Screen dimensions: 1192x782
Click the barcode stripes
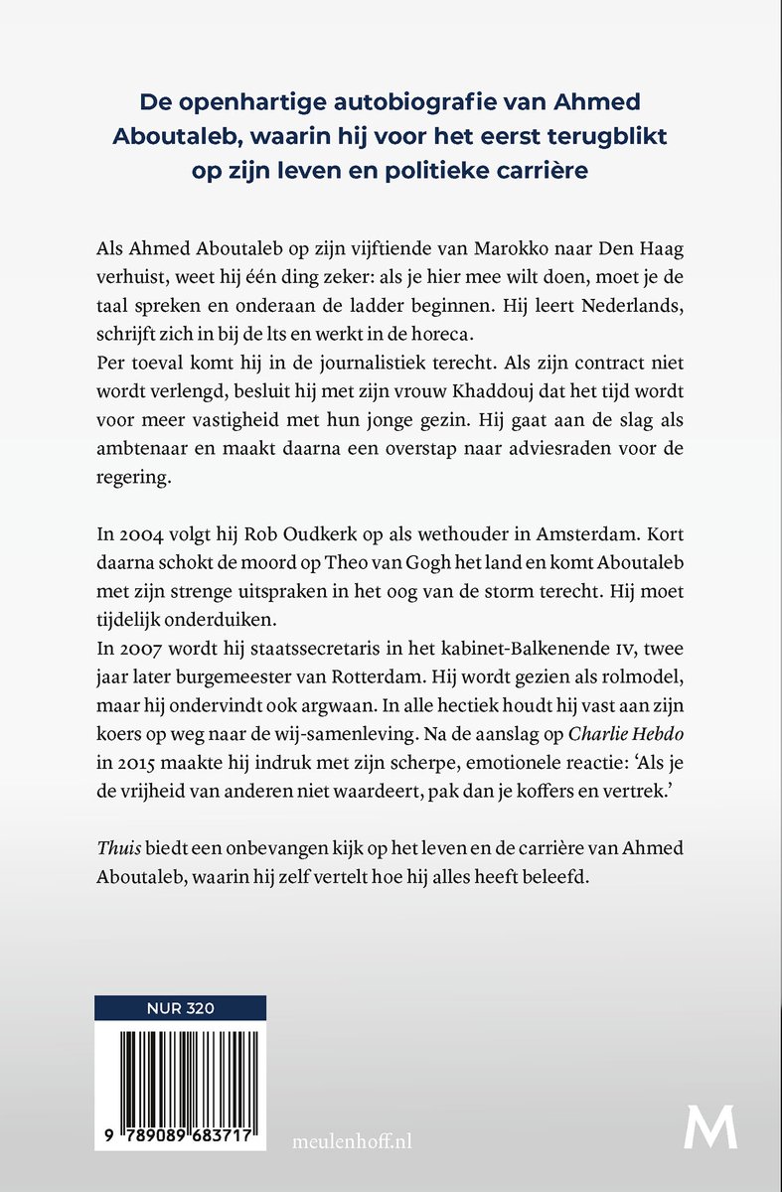pyautogui.click(x=179, y=1076)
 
